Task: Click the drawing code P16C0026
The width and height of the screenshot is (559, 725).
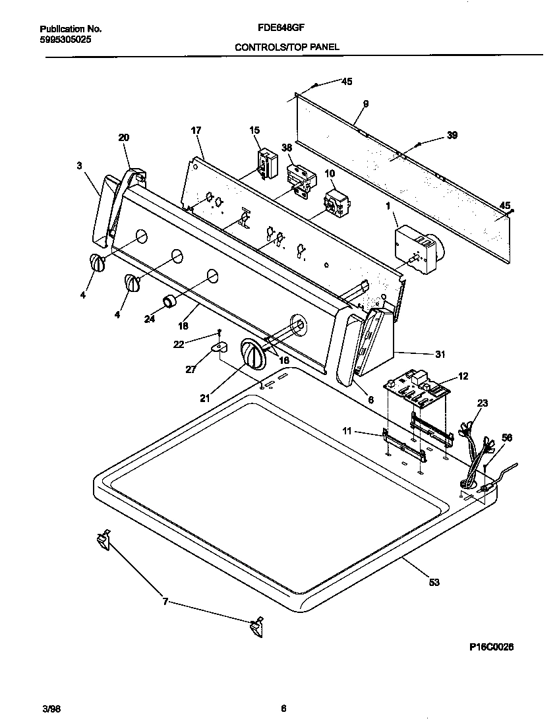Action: [487, 647]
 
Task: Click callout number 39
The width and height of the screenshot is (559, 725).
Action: [452, 135]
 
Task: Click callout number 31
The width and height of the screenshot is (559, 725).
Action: [440, 355]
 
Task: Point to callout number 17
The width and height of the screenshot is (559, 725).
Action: [196, 131]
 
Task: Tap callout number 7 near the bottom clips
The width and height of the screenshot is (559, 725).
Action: [165, 601]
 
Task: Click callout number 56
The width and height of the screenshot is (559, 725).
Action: [507, 437]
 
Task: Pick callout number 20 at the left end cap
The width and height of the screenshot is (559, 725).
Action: [124, 138]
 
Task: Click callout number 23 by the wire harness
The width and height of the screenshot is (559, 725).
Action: [482, 403]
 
